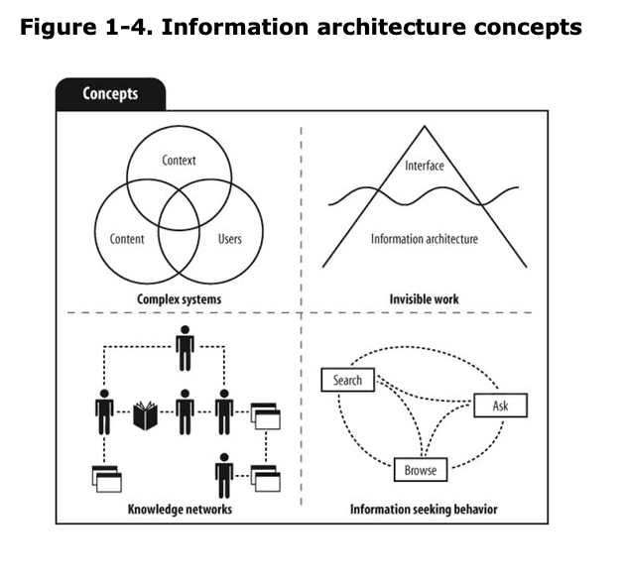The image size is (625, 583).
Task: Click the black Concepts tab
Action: click(110, 95)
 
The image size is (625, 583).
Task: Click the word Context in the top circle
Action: click(180, 161)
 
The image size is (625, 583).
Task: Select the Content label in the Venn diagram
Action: click(126, 239)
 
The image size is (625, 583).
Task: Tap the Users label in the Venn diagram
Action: click(229, 239)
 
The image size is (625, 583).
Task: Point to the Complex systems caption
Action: click(180, 298)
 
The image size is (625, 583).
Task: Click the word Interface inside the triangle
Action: click(425, 166)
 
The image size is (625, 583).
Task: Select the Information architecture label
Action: click(425, 239)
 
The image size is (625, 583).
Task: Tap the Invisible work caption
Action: click(425, 298)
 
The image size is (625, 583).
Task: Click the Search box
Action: click(348, 380)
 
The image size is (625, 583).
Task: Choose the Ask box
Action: click(500, 406)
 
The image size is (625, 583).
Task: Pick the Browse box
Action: click(421, 470)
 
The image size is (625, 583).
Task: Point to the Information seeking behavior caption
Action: click(424, 510)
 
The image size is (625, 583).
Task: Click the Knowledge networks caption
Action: click(180, 510)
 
